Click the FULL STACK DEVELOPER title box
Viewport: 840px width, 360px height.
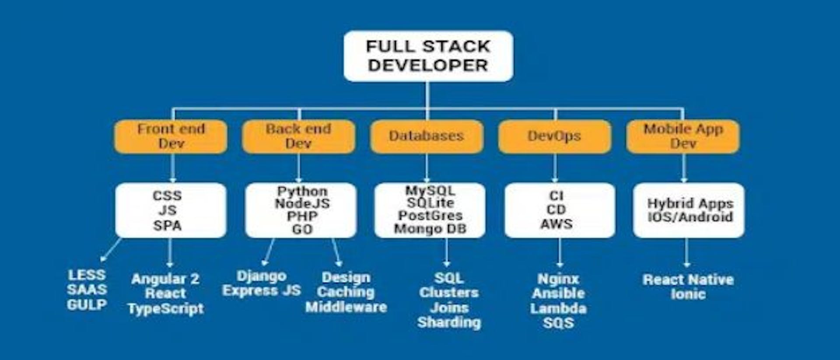point(428,56)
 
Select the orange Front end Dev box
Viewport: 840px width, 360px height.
point(171,136)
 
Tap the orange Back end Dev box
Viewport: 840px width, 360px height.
point(298,136)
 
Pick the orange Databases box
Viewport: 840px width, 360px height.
point(427,136)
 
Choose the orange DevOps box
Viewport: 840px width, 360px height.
point(554,136)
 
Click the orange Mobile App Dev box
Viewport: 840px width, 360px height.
point(683,136)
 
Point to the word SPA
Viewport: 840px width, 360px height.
point(167,226)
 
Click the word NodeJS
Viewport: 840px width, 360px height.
point(302,204)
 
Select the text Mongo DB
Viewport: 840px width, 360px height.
point(430,229)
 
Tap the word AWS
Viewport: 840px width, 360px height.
point(556,224)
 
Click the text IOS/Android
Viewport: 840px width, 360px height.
point(690,217)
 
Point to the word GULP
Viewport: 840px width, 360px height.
point(87,305)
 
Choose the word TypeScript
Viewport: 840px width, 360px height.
point(166,309)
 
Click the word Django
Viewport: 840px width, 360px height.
point(262,276)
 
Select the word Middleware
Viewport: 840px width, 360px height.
point(346,307)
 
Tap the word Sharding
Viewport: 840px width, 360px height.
point(449,322)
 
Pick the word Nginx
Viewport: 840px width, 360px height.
point(559,279)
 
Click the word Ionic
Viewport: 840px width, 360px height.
point(688,294)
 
